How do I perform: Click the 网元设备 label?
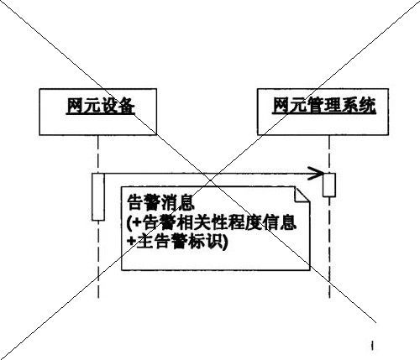click(x=101, y=106)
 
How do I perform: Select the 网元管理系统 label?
click(x=324, y=106)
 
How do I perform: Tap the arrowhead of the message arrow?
click(x=316, y=174)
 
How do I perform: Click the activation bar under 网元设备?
click(x=98, y=197)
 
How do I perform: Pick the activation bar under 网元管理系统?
click(x=329, y=185)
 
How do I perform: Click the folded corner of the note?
click(x=302, y=194)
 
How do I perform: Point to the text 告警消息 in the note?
click(x=160, y=202)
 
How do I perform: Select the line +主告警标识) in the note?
click(x=177, y=241)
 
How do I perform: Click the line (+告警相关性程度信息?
click(x=212, y=222)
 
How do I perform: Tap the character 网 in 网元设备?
click(x=75, y=106)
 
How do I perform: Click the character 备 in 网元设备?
click(x=126, y=106)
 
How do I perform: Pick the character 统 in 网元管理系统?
click(x=367, y=106)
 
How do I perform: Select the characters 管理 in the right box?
click(x=324, y=106)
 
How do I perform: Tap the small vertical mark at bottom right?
click(x=372, y=345)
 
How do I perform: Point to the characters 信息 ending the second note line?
click(x=280, y=222)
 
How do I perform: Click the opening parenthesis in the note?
click(x=129, y=223)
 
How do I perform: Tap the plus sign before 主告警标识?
click(x=132, y=241)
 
